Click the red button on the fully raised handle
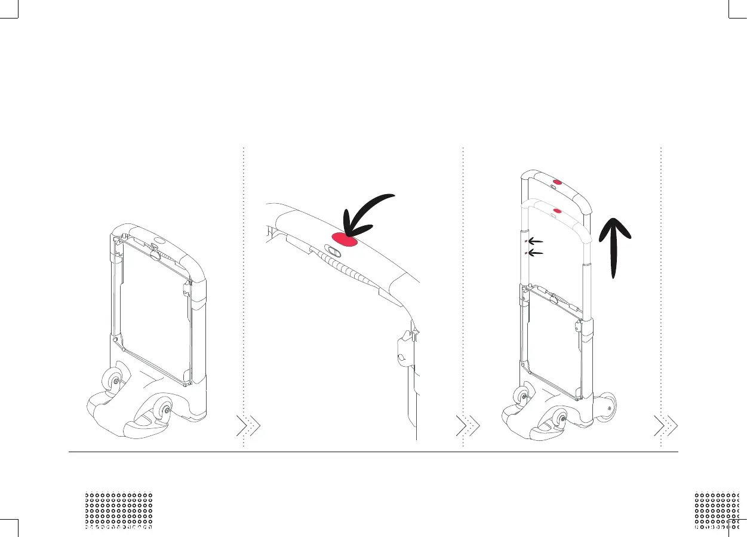click(557, 182)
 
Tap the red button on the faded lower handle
click(557, 210)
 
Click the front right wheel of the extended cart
click(561, 420)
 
